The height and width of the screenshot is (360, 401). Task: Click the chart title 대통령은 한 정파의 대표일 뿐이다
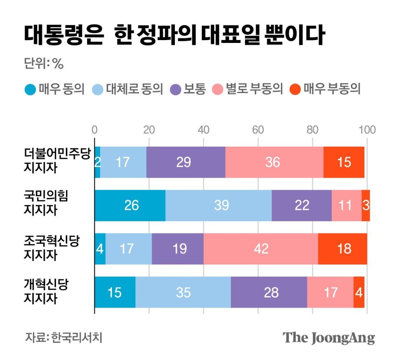click(173, 36)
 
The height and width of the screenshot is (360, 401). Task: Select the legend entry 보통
click(188, 89)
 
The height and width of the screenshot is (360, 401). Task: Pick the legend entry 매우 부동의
click(326, 89)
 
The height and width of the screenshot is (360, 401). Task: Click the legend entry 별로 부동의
click(249, 89)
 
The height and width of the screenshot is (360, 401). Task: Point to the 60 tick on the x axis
click(258, 130)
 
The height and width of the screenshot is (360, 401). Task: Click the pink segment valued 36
click(274, 162)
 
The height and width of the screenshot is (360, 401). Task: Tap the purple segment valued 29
click(186, 162)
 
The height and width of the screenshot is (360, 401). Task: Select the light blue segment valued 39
click(219, 205)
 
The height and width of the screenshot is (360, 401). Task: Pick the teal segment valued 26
click(130, 205)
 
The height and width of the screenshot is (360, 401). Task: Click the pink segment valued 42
click(261, 249)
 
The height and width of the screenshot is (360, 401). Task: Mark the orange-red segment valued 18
click(342, 249)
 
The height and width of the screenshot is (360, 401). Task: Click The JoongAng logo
click(329, 338)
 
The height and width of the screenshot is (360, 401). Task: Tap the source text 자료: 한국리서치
click(64, 337)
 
